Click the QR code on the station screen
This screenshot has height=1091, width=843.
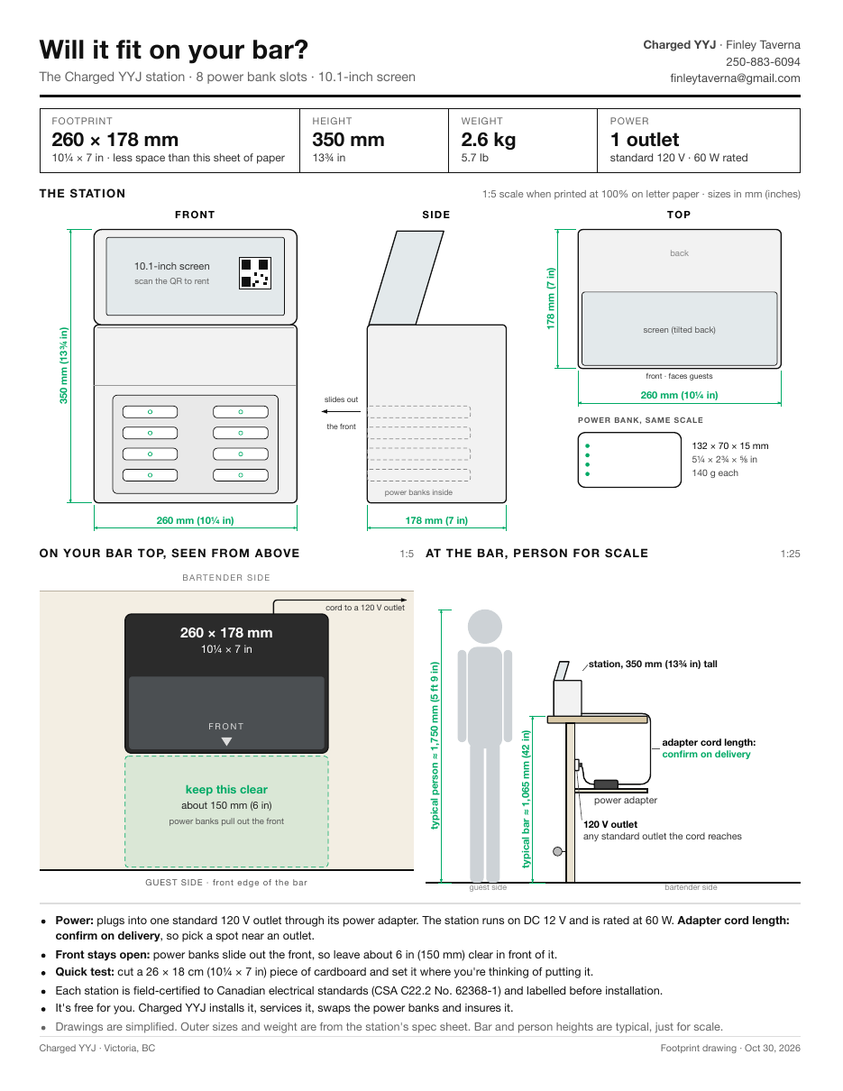(255, 273)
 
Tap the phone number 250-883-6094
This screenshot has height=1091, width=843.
(762, 61)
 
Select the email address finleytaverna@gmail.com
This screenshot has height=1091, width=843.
(735, 78)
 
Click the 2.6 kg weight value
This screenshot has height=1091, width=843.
(488, 140)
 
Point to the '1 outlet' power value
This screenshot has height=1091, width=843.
(644, 140)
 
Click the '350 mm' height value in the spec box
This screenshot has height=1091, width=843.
(348, 140)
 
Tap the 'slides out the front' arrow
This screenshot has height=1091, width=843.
(341, 412)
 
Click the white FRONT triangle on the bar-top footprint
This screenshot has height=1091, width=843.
(226, 741)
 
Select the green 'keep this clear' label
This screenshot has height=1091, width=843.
(226, 789)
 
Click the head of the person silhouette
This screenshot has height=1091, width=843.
(484, 627)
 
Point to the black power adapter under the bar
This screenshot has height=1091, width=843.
(606, 784)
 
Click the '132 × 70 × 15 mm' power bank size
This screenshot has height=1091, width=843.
(729, 445)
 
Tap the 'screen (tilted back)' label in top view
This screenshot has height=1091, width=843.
(679, 330)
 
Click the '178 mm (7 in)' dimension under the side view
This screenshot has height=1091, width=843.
(436, 520)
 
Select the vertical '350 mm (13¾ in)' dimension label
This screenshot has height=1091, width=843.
(64, 365)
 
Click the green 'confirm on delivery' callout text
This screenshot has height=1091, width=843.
(706, 754)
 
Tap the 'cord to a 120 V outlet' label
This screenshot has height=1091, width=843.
(365, 608)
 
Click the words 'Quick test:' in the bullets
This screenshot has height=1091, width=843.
(85, 972)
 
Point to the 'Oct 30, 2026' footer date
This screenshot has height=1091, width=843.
(772, 1049)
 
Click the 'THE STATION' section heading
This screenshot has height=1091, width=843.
(82, 194)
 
